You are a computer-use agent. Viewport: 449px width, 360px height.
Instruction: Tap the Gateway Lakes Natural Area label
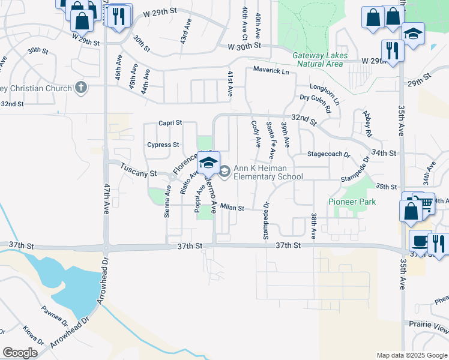(x=318, y=59)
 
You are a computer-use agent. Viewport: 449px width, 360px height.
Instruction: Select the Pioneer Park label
(x=352, y=202)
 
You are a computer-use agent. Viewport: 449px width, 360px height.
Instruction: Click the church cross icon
(x=82, y=88)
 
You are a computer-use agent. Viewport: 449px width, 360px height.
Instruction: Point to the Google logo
(x=20, y=353)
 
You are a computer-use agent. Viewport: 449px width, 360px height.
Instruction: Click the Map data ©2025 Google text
(x=411, y=355)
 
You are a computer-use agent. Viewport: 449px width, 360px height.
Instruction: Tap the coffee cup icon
(x=418, y=241)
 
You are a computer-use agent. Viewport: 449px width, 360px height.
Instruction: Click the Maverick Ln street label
(x=271, y=71)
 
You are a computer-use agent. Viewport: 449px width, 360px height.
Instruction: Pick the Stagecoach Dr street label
(x=328, y=154)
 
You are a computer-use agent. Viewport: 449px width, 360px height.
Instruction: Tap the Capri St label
(x=170, y=122)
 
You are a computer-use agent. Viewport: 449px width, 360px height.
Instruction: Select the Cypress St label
(x=163, y=145)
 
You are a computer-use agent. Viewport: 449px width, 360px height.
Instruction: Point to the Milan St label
(x=232, y=208)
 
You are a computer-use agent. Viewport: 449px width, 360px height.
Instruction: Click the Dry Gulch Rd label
(x=316, y=104)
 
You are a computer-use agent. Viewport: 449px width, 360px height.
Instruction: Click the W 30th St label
(x=245, y=46)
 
